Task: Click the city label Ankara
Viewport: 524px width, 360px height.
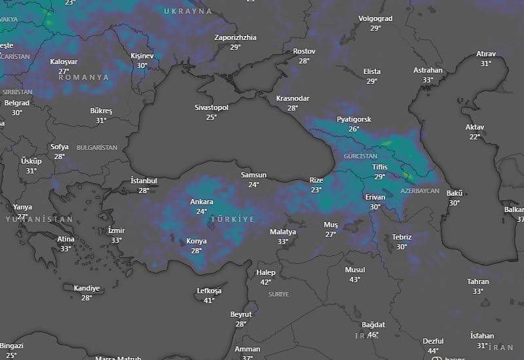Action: pyautogui.click(x=201, y=202)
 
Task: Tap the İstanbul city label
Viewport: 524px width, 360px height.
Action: pyautogui.click(x=143, y=181)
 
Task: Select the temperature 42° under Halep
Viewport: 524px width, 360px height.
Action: pyautogui.click(x=265, y=282)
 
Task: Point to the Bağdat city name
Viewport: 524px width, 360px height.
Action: pyautogui.click(x=373, y=325)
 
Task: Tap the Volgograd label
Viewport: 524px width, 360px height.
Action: pyautogui.click(x=375, y=19)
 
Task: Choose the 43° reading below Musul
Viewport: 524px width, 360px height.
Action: pyautogui.click(x=354, y=279)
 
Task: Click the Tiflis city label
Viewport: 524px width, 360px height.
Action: pyautogui.click(x=379, y=168)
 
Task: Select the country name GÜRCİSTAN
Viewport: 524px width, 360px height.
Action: pyautogui.click(x=360, y=157)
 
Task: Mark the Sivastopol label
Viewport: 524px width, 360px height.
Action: pyautogui.click(x=212, y=107)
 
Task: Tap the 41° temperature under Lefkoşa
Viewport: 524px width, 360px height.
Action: pyautogui.click(x=209, y=300)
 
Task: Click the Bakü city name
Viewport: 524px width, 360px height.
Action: pyautogui.click(x=455, y=194)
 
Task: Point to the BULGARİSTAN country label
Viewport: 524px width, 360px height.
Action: pyautogui.click(x=97, y=148)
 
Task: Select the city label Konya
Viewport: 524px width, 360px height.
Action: pyautogui.click(x=196, y=242)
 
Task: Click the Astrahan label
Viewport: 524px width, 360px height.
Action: pyautogui.click(x=428, y=71)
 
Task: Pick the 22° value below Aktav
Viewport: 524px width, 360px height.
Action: pyautogui.click(x=475, y=137)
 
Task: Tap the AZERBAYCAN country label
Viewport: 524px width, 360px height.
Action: pyautogui.click(x=420, y=190)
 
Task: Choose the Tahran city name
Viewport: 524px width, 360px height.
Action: pyautogui.click(x=478, y=282)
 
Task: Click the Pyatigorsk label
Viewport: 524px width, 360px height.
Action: pyautogui.click(x=354, y=120)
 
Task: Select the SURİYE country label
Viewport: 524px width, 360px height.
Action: pyautogui.click(x=278, y=295)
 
